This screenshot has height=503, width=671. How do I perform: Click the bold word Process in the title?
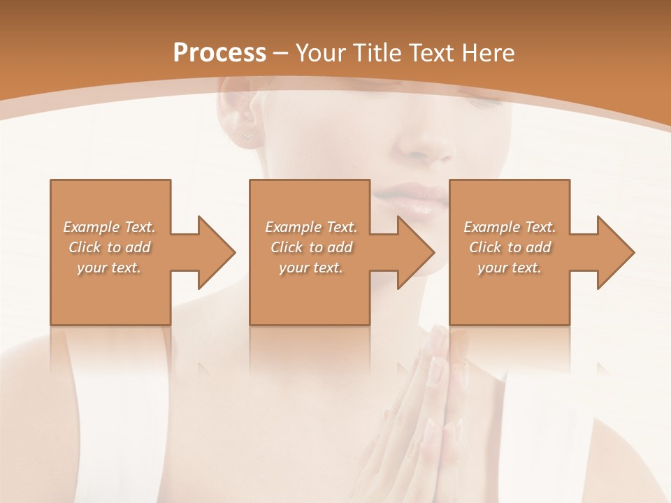click(x=219, y=53)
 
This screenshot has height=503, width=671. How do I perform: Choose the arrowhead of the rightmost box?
click(x=614, y=252)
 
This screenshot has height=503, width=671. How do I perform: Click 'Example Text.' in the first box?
click(x=110, y=227)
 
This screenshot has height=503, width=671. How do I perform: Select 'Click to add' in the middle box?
click(x=312, y=247)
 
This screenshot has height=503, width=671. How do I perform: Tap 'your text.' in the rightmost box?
click(x=510, y=268)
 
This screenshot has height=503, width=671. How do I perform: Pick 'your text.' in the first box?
click(x=110, y=268)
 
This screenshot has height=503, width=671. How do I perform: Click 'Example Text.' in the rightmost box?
click(x=510, y=227)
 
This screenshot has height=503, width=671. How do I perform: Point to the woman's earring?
click(x=246, y=133)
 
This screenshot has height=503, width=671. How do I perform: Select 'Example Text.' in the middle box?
click(x=312, y=227)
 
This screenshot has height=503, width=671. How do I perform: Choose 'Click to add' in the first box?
click(x=110, y=247)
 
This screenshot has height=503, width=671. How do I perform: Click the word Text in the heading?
click(x=433, y=53)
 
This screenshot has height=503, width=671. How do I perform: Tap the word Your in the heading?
click(x=321, y=53)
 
